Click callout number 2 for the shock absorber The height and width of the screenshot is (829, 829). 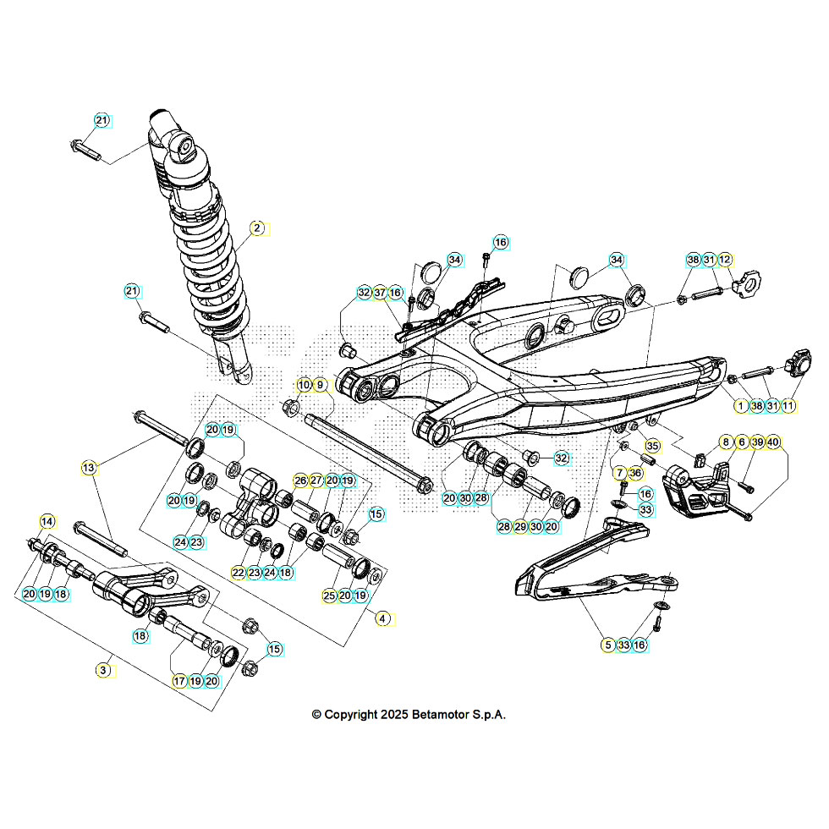pyautogui.click(x=257, y=228)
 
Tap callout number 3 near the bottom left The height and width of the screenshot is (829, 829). pyautogui.click(x=102, y=669)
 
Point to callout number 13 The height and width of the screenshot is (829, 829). pyautogui.click(x=89, y=467)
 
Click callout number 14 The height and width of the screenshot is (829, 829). pyautogui.click(x=47, y=521)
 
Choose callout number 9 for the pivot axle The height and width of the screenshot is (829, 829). pyautogui.click(x=320, y=385)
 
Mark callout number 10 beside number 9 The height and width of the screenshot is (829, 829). pyautogui.click(x=304, y=385)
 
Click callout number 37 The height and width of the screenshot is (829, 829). pyautogui.click(x=380, y=293)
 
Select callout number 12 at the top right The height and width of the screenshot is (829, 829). pyautogui.click(x=725, y=260)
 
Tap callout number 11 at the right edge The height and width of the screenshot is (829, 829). pyautogui.click(x=788, y=406)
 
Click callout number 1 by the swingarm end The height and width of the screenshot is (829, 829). pyautogui.click(x=741, y=406)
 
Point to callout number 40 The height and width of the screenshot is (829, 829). pyautogui.click(x=773, y=442)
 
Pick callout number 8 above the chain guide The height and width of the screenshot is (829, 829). pyautogui.click(x=726, y=442)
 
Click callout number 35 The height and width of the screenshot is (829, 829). pyautogui.click(x=651, y=446)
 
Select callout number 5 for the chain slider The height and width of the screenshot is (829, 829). pyautogui.click(x=608, y=645)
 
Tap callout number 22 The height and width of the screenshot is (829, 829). pyautogui.click(x=239, y=573)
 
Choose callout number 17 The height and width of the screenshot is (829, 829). pyautogui.click(x=179, y=680)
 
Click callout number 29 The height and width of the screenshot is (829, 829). pyautogui.click(x=519, y=526)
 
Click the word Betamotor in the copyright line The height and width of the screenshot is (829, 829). pyautogui.click(x=444, y=715)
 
